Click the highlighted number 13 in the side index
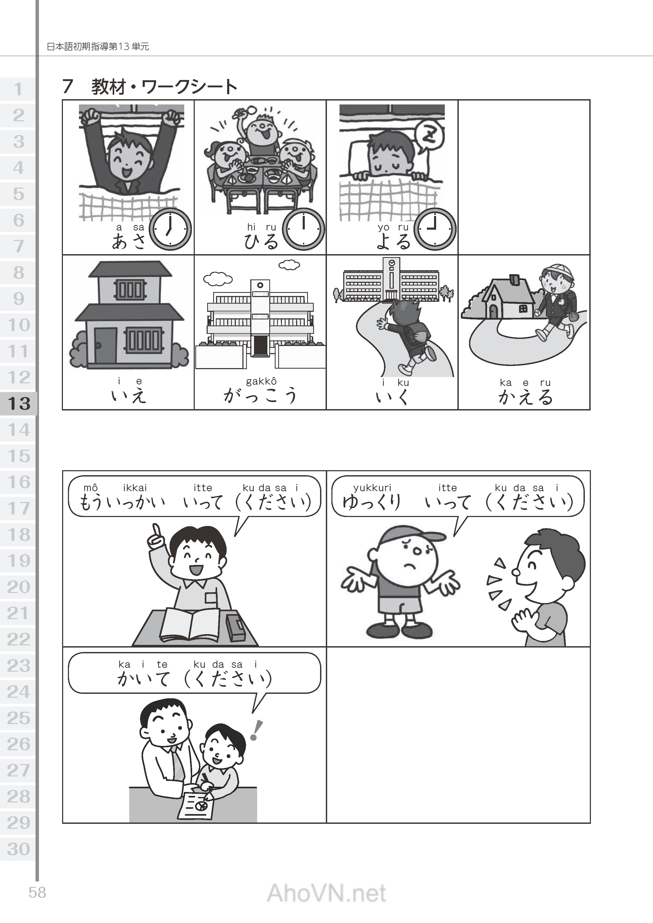point(19,403)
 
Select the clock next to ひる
point(303,229)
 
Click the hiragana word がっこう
point(260,395)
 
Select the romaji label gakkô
point(261,381)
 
